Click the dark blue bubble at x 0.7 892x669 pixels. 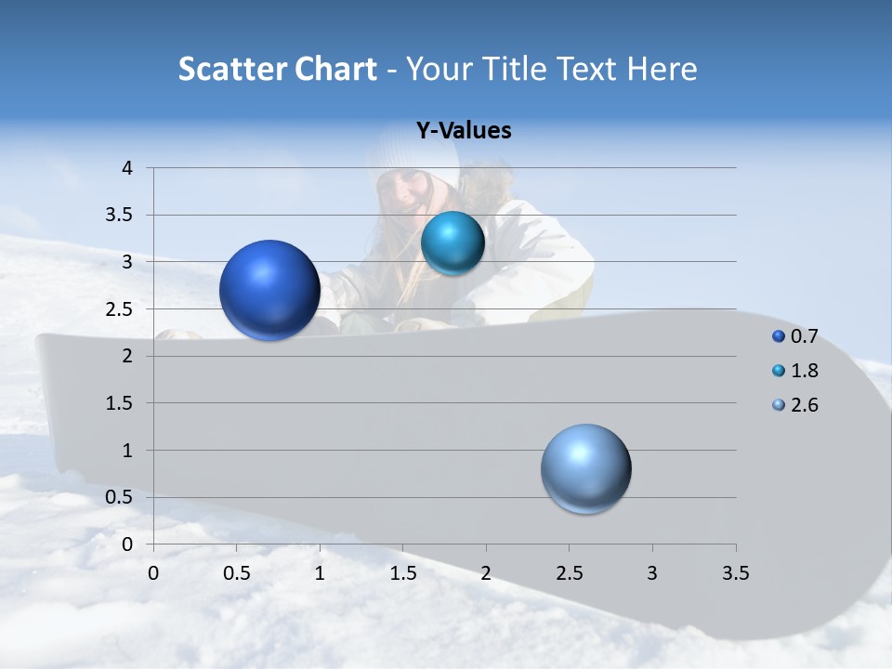point(270,290)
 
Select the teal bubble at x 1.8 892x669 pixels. point(453,243)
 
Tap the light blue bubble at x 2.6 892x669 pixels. point(586,468)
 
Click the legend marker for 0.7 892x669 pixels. point(779,336)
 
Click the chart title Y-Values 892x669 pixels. point(463,131)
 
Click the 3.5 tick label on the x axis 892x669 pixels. point(735,573)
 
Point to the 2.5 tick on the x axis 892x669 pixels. point(569,573)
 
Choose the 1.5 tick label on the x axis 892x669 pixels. point(402,573)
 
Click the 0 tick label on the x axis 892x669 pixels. point(153,573)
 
